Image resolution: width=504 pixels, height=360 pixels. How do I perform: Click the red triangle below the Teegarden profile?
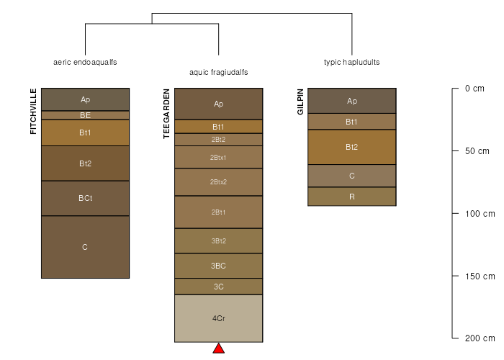(x=219, y=349)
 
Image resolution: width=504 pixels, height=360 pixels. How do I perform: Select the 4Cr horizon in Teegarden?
(x=219, y=318)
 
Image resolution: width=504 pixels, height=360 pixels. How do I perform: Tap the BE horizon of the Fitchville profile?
(x=85, y=115)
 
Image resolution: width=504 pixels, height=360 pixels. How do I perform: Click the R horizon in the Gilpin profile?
(x=352, y=197)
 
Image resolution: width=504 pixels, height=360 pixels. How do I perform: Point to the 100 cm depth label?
(x=480, y=214)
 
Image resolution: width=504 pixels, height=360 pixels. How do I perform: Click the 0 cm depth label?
(x=474, y=89)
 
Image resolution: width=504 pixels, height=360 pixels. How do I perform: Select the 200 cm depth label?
(x=480, y=338)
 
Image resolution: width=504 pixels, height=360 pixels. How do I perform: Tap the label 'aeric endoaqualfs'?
(x=85, y=62)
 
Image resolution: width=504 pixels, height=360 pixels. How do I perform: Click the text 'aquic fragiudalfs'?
(x=219, y=72)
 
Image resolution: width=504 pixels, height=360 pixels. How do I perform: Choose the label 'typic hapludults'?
(x=352, y=62)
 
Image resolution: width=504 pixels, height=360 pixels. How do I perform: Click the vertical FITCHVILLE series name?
(x=33, y=111)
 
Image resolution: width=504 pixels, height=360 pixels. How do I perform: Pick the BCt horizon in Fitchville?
(x=85, y=198)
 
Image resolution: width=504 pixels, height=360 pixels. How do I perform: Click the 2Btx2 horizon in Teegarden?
(x=219, y=181)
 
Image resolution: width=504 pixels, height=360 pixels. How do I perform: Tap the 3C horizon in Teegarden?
(x=219, y=287)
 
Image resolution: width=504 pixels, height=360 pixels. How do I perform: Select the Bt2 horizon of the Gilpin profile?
(x=352, y=147)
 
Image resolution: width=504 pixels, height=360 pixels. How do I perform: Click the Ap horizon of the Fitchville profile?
(x=85, y=99)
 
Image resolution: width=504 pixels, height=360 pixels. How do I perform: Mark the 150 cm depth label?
(x=480, y=276)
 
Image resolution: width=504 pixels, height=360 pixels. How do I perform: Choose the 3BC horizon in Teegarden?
(x=219, y=266)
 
